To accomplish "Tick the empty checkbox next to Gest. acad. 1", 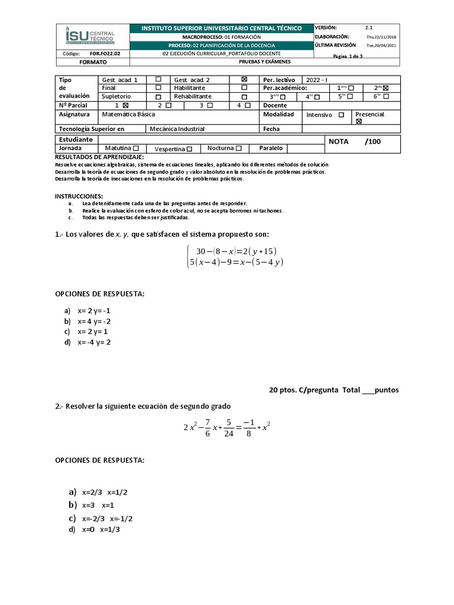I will coord(158,79).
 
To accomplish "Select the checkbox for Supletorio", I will coord(158,97).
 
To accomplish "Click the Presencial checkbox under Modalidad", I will coord(359,121).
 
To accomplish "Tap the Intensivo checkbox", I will coord(341,115).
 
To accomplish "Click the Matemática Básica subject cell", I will coord(125,115).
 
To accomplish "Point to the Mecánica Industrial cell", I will coord(177,129).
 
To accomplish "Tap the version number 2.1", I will coord(369,28).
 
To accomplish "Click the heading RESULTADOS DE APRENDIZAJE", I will coord(99,157).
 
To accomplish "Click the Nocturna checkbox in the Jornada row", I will coord(238,148).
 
